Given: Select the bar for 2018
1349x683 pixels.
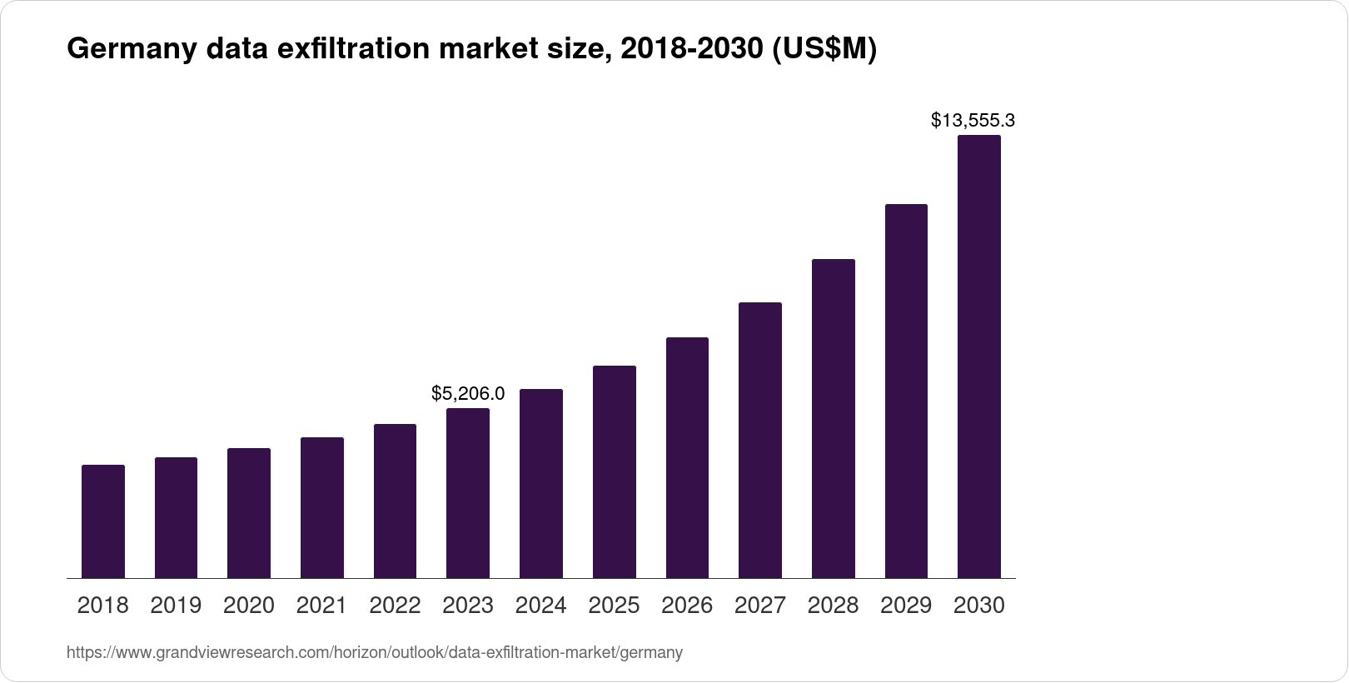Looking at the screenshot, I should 103,521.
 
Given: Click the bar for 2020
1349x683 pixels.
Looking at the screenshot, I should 249,513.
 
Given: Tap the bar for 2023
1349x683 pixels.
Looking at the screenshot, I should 468,493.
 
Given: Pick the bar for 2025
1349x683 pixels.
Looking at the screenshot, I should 615,471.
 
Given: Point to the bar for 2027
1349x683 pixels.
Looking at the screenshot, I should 760,440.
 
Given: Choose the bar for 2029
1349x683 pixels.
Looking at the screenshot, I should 906,391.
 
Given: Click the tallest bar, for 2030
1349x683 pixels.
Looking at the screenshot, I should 979,356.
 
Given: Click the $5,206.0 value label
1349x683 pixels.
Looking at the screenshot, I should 468,393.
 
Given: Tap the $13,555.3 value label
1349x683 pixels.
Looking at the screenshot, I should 973,121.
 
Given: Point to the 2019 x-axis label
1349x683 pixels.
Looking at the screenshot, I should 176,606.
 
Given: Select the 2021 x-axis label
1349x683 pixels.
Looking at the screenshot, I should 321,606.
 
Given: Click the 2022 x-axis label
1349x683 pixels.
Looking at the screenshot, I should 395,606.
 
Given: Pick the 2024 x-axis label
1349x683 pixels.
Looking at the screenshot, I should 541,606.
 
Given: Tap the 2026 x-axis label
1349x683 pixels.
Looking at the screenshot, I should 687,606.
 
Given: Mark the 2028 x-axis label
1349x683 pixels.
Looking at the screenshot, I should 833,606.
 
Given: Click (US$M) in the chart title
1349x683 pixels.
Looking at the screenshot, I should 824,50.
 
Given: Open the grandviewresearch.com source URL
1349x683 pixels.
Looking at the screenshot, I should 375,653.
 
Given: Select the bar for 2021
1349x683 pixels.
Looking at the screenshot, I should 321,507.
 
